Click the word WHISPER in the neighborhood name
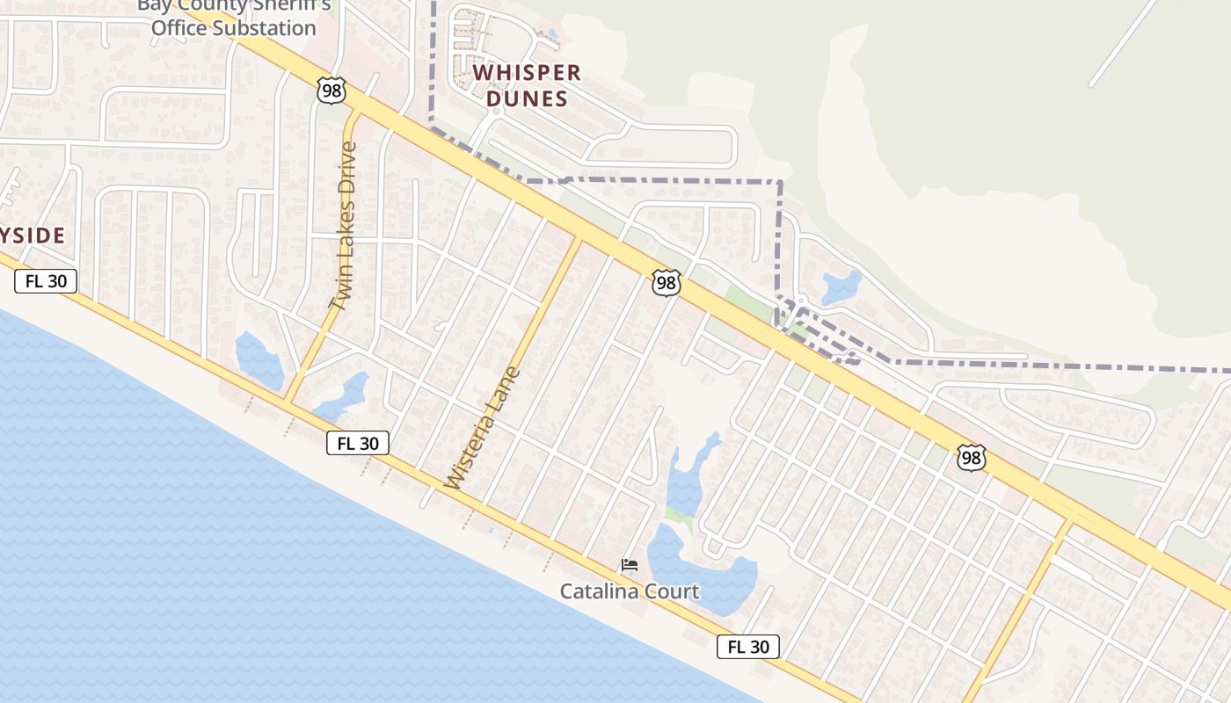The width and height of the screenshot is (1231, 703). pos(528,73)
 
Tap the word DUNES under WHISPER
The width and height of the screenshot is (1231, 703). pos(528,98)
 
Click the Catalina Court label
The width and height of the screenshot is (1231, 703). pos(630,591)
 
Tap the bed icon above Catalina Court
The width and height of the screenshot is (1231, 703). pos(630,565)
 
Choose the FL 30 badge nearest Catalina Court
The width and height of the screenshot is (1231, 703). pos(748,647)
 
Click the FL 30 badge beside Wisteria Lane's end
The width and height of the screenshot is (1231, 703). pos(358,444)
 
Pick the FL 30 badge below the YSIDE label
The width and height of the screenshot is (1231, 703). pos(46,281)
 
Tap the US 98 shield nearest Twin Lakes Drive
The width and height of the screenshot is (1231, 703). pos(331,90)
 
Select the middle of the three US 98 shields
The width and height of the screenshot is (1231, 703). pos(666,283)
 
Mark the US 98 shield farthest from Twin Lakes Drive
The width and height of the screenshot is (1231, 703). pos(971,458)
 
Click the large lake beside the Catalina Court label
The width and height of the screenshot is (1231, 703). pos(703,576)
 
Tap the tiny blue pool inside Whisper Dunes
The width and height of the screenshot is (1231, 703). pos(552,34)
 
